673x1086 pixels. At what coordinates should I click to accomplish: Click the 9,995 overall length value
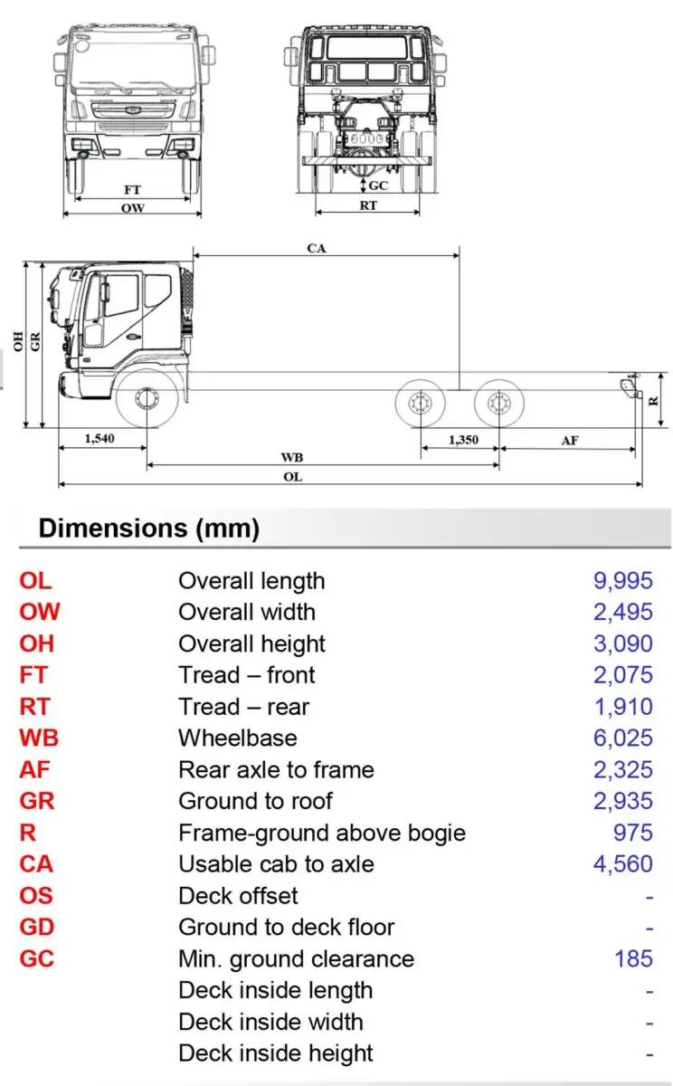click(622, 581)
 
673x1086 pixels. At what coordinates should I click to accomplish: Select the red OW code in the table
click(40, 613)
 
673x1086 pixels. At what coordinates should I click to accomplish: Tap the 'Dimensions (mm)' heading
click(149, 529)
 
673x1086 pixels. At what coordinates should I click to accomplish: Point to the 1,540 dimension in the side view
click(100, 439)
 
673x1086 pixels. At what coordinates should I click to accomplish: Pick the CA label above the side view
click(317, 248)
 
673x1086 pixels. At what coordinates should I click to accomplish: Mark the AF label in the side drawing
click(569, 440)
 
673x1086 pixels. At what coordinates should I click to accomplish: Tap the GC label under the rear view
click(378, 186)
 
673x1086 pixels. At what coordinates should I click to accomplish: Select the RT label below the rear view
click(368, 205)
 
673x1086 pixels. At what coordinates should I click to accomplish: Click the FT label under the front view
click(132, 190)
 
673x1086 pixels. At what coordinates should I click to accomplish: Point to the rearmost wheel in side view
click(498, 403)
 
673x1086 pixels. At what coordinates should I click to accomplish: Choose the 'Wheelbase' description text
click(237, 738)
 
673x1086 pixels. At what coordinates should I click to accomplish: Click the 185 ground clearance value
click(633, 958)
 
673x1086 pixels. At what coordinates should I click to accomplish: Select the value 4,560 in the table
click(622, 864)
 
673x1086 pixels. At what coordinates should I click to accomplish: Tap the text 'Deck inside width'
click(270, 1022)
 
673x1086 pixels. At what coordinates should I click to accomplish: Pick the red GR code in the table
click(36, 801)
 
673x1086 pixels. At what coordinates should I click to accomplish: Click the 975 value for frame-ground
click(632, 833)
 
